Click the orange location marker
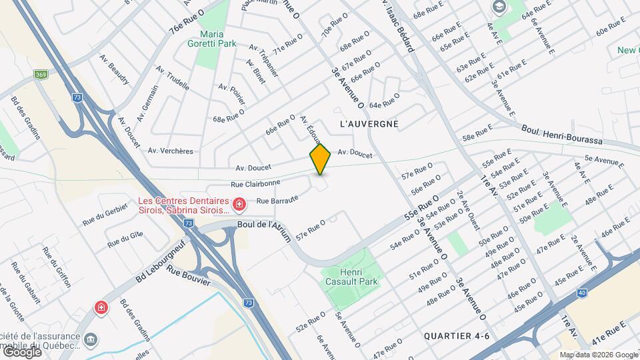tap(320, 159)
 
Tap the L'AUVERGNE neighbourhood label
tap(369, 124)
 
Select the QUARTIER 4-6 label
tap(457, 335)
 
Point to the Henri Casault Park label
tap(349, 277)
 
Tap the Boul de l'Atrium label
tap(265, 225)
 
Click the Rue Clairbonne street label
tap(255, 182)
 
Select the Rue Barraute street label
tap(277, 199)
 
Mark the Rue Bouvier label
tap(188, 275)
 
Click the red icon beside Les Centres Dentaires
tap(238, 203)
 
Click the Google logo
tap(21, 352)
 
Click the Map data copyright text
tap(598, 355)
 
